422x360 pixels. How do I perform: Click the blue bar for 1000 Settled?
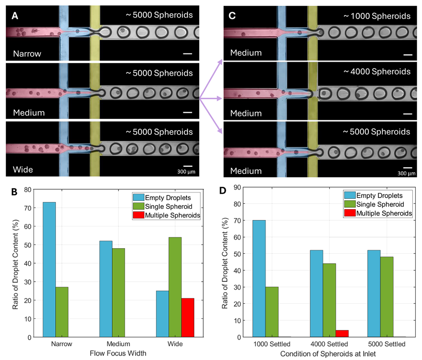(x=259, y=279)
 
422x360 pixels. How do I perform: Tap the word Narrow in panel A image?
(x=27, y=54)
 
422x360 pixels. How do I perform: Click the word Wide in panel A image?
(x=23, y=169)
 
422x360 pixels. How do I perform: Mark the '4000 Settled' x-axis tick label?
(x=329, y=344)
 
